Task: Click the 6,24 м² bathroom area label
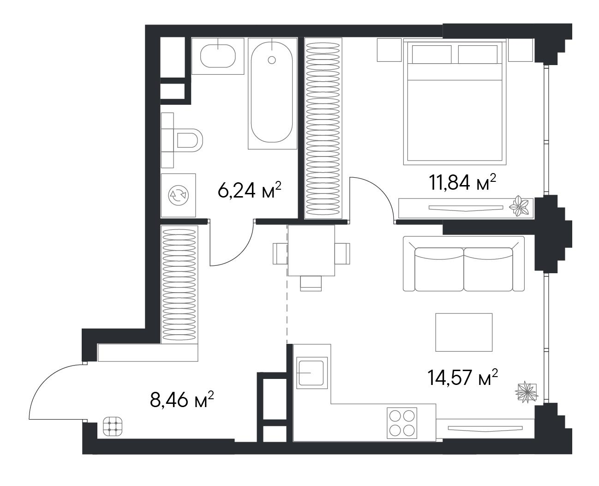click(249, 190)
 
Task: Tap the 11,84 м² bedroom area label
click(462, 182)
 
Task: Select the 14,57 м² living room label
click(462, 378)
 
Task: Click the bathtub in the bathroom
click(272, 93)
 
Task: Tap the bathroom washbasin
click(218, 56)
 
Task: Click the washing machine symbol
click(178, 195)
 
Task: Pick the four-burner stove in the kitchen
click(402, 423)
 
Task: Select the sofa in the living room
click(463, 264)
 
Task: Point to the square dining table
click(311, 250)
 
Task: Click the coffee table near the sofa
click(464, 332)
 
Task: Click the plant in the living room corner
click(526, 392)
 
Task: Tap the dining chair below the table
click(311, 283)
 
